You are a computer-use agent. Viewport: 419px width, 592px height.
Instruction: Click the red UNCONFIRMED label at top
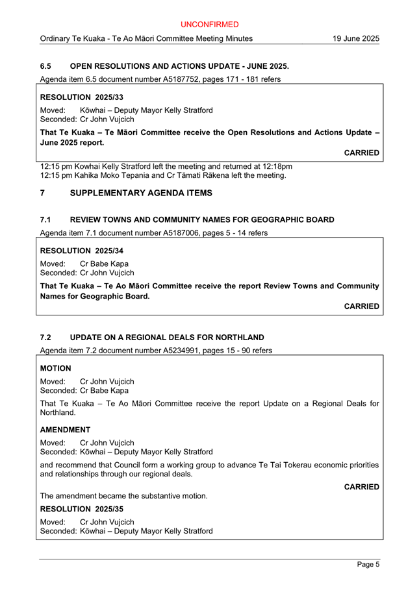pos(209,25)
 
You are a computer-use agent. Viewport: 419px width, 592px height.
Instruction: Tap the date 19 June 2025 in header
pos(355,39)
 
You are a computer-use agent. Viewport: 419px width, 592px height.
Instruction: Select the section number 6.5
pos(45,66)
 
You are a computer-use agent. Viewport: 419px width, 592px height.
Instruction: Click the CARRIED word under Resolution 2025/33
pos(361,153)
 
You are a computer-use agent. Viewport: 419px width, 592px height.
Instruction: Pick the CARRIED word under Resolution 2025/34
pos(361,306)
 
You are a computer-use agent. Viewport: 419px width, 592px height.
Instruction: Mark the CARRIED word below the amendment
pos(361,487)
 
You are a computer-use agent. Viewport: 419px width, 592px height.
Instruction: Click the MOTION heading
pos(56,368)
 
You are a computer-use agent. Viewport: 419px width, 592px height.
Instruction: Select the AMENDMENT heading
pos(65,430)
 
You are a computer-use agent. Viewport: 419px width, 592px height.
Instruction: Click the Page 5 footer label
pos(368,565)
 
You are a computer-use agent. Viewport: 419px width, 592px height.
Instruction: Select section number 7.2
pos(45,338)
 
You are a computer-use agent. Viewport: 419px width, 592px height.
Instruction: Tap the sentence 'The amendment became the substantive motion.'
pos(123,496)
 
